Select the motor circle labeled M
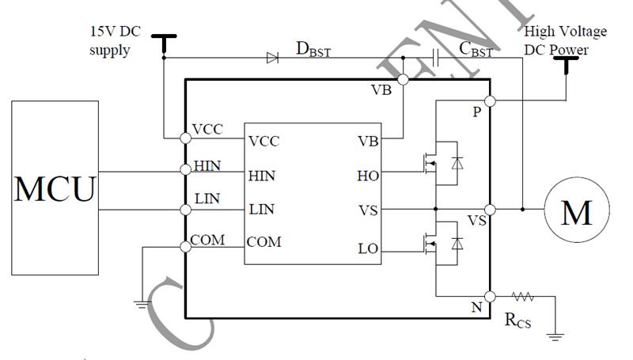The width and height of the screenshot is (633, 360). tap(575, 210)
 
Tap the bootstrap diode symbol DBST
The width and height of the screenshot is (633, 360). tap(272, 57)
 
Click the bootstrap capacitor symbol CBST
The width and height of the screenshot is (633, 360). tap(437, 57)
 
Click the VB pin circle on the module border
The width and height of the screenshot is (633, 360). tap(402, 79)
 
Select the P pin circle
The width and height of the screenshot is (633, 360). tap(490, 101)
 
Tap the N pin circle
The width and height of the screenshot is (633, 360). tap(490, 297)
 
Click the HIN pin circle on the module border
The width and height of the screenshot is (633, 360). tap(186, 169)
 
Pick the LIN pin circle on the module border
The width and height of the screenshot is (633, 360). tap(186, 210)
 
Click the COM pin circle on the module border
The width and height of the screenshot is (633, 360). tap(186, 247)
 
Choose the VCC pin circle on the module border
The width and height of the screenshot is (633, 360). tap(186, 137)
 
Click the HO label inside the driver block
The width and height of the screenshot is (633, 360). tap(368, 176)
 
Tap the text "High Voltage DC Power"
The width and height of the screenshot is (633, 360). tap(566, 39)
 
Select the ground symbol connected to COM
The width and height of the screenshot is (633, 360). tap(141, 301)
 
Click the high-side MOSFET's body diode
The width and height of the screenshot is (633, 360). tap(457, 163)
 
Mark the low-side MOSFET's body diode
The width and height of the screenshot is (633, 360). tap(457, 243)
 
